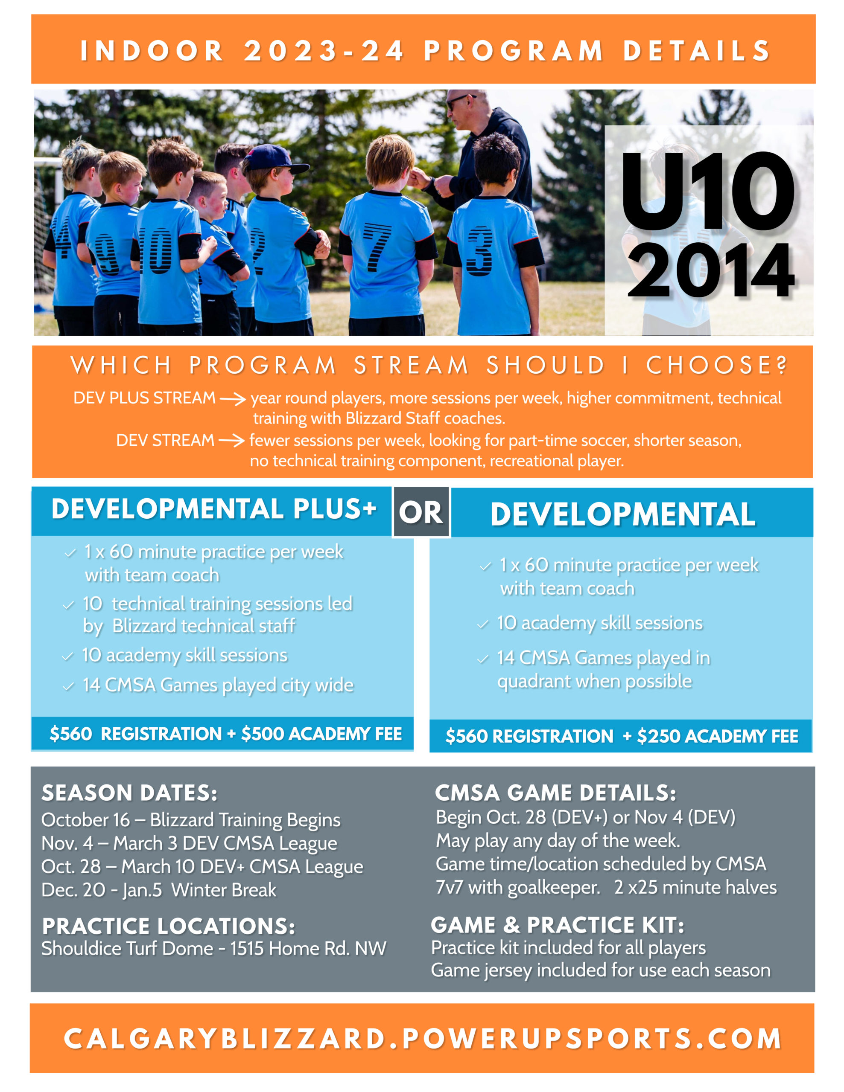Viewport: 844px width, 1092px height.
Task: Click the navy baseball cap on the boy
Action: click(274, 159)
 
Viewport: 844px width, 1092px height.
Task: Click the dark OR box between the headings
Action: click(421, 512)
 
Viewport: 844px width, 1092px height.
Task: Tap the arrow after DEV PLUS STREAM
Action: click(233, 398)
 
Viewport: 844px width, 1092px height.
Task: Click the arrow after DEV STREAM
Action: click(231, 441)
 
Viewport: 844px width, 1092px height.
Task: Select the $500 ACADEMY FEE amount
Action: click(321, 734)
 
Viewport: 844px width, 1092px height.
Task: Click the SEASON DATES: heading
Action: click(130, 793)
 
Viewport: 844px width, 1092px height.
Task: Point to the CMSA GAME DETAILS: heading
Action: click(555, 793)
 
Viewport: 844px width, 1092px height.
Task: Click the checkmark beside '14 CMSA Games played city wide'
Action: click(69, 686)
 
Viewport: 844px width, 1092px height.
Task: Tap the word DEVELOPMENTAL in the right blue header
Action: click(623, 514)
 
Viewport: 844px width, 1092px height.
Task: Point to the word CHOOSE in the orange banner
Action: click(716, 366)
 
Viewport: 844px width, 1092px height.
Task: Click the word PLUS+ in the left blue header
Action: click(334, 508)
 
